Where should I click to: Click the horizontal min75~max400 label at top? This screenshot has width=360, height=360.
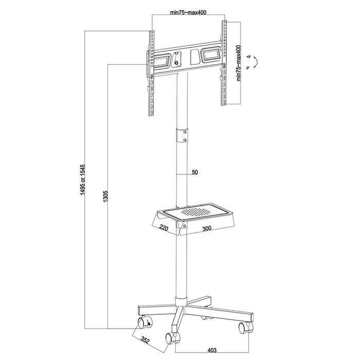pos(188,12)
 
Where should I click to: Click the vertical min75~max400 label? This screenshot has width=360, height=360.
pos(238,63)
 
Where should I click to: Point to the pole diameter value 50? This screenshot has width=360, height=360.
pos(195,173)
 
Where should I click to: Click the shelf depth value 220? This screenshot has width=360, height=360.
pos(164,227)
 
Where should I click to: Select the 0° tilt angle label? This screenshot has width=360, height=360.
pos(248,68)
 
